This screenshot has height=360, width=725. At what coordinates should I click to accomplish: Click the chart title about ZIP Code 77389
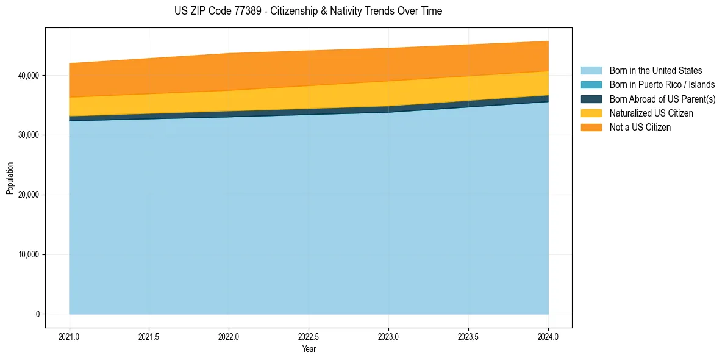coord(309,11)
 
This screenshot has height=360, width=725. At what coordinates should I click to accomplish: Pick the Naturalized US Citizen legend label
coord(651,113)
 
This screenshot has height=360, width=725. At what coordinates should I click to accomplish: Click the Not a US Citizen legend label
coord(640,127)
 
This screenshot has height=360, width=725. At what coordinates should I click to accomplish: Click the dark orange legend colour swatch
coord(591,127)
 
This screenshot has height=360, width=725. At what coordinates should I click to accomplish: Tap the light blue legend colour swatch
coord(591,71)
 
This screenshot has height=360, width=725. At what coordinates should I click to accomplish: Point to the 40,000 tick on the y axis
coord(27,75)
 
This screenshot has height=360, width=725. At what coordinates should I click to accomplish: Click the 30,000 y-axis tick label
coord(27,135)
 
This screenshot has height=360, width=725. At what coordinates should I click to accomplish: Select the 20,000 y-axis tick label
coord(27,195)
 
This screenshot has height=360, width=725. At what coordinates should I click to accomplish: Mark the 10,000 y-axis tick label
coord(27,254)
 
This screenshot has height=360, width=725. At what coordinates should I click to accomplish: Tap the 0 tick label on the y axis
coord(37,314)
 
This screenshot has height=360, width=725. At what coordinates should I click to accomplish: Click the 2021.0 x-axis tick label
coord(70,336)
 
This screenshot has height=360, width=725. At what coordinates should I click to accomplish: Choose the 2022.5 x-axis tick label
coord(309,336)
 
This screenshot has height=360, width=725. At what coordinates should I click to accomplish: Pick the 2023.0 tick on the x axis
coord(388,336)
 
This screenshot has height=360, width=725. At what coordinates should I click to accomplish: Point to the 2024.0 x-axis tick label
coord(548,336)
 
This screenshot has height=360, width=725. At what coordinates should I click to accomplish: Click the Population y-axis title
coord(10,178)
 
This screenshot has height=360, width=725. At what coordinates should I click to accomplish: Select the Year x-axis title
coord(309,349)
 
